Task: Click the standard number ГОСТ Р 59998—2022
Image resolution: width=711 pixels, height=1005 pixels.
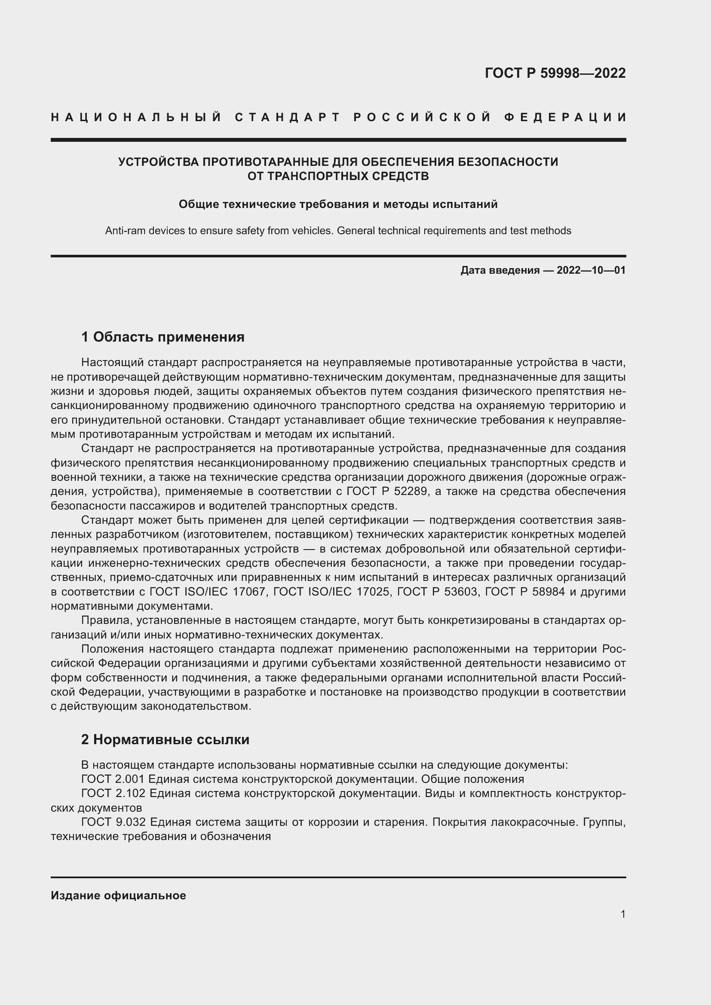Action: tap(555, 73)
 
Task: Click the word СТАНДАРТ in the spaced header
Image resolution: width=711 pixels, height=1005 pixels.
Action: tap(288, 117)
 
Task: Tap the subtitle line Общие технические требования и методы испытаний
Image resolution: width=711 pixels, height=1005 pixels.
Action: tap(338, 205)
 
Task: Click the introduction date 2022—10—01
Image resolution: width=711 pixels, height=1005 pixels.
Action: tap(591, 270)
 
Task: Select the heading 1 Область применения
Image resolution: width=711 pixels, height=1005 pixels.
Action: tap(162, 336)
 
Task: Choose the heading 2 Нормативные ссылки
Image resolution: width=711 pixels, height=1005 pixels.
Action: tap(165, 739)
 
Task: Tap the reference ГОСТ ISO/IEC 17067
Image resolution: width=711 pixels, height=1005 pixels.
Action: tap(208, 592)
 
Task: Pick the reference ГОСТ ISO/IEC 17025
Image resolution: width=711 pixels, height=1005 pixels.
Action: tap(331, 592)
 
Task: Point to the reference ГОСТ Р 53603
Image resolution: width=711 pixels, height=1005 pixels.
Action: tap(438, 592)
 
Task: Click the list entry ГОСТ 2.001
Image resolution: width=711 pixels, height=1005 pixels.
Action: tap(113, 779)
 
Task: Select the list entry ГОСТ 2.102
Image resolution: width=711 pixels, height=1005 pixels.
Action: tap(113, 794)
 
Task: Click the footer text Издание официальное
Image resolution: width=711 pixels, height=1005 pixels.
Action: tap(118, 895)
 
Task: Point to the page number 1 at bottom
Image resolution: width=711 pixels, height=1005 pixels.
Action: tap(623, 914)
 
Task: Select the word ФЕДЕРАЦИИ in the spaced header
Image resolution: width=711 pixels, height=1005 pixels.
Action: tap(565, 117)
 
